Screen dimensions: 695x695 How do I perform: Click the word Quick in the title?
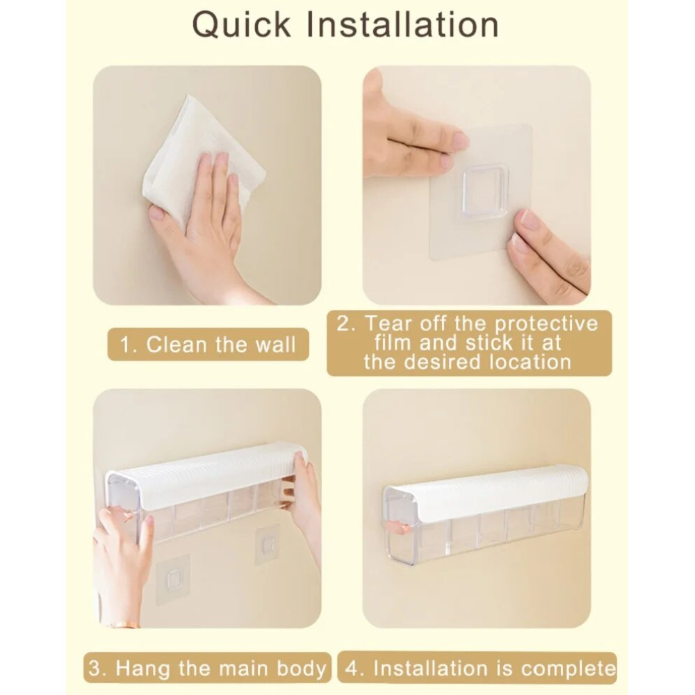click(242, 26)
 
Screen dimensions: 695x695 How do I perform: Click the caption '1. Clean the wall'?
click(208, 345)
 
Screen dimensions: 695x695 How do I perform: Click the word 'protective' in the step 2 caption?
click(546, 323)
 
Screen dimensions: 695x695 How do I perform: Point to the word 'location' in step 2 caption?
click(530, 361)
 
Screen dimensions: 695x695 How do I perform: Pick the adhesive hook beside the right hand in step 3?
click(267, 545)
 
